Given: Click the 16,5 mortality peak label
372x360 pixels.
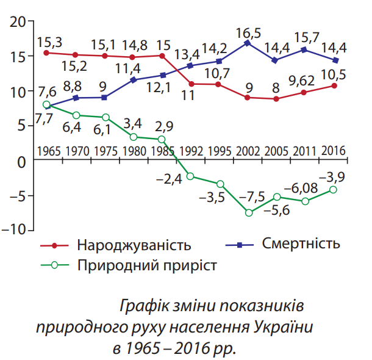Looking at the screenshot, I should point(248,31).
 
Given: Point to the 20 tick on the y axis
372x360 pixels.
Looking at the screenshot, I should point(16,21).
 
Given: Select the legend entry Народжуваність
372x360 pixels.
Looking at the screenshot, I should point(134,246).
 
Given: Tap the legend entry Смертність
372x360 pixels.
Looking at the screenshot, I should point(301,244).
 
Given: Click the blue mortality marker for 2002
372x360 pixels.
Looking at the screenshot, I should point(248,43).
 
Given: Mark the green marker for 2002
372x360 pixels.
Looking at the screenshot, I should point(248,212).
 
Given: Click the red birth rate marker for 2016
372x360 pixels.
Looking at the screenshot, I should point(334,85).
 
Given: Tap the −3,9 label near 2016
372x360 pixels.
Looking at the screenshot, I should point(333,177).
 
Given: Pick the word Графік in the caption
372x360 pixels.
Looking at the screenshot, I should point(143,304).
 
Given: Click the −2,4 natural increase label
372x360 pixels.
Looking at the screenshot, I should point(170,179).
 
